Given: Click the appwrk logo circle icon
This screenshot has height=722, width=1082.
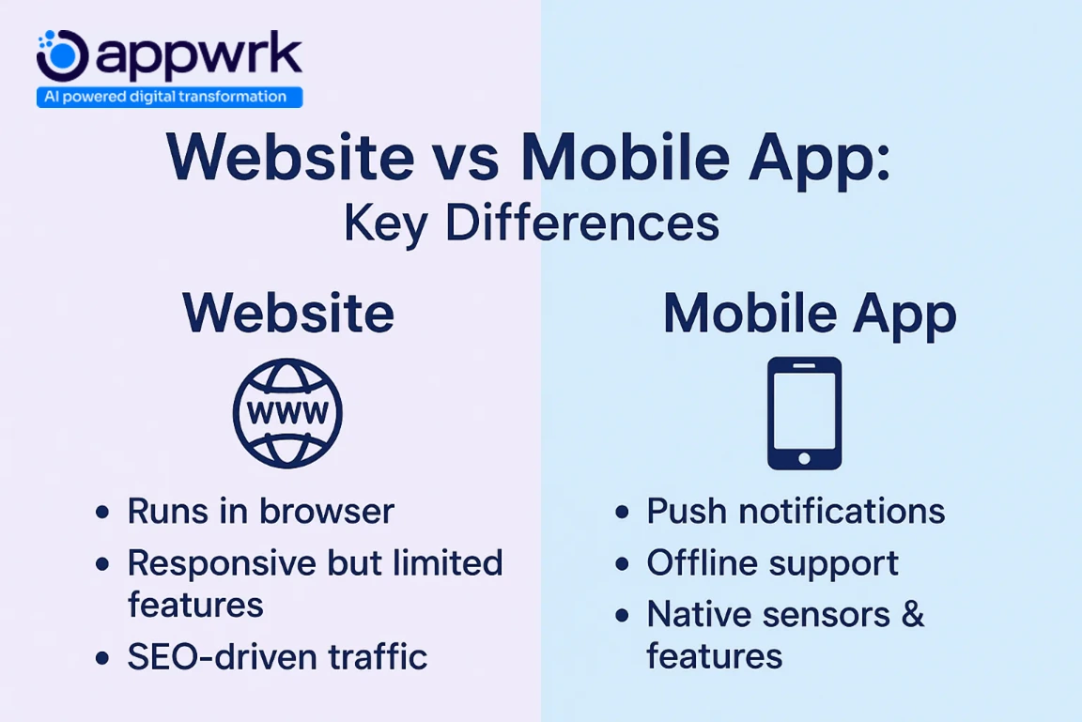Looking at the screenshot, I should coord(62,54).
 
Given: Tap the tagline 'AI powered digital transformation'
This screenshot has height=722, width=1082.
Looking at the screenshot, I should coord(169,97).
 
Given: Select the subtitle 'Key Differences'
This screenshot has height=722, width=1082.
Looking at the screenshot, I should coord(531,223).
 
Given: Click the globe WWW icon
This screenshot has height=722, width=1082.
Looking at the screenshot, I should coord(287,413).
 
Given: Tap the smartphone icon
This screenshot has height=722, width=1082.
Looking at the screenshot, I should coord(804,413).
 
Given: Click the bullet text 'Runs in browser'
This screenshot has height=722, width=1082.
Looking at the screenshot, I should coord(260,511).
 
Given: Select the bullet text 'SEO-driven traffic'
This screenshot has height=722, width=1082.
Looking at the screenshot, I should coord(277,656).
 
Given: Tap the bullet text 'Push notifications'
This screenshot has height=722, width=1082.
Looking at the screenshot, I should coord(796,511).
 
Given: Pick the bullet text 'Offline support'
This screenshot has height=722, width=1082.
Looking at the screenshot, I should coord(772,562).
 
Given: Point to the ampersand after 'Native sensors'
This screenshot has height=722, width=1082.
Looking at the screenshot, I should coord(913,614).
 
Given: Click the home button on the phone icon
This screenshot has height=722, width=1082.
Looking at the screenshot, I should coord(804,457).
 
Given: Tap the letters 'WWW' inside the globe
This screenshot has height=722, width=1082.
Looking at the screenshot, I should coord(287,413).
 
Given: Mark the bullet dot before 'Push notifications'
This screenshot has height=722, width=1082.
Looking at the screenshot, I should coord(622,513).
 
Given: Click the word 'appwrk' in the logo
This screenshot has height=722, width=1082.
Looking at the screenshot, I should coord(197,56).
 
